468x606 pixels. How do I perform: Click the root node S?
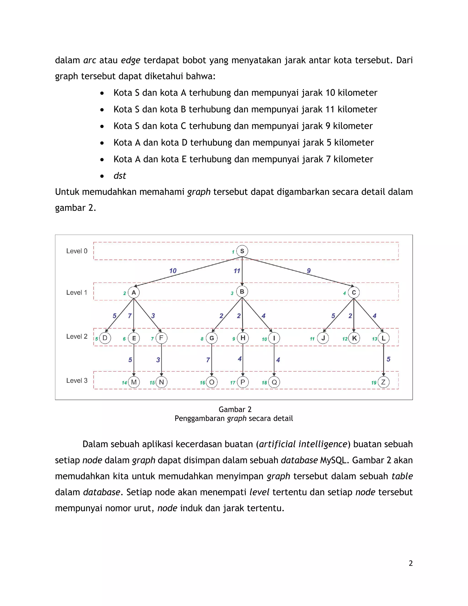242,251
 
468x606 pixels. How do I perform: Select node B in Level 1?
242,292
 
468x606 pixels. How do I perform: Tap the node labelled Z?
383,382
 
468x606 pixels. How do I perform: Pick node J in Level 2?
323,338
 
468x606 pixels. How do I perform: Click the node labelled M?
134,382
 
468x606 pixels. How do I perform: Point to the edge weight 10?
173,271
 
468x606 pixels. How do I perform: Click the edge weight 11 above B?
237,271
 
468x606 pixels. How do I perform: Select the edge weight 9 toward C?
308,271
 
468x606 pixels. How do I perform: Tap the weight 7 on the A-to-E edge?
130,316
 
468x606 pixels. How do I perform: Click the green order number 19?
374,383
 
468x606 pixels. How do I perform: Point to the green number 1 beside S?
233,252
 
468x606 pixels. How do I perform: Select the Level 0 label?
77,251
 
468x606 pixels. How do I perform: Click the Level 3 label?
77,381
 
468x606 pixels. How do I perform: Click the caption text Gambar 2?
235,409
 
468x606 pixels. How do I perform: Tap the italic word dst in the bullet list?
120,176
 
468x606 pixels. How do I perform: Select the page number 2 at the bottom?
411,563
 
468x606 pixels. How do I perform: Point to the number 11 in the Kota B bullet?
330,109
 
